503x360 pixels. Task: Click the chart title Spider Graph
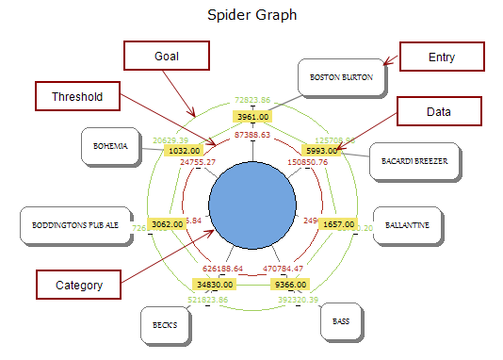[252, 16]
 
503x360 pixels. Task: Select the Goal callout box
[166, 56]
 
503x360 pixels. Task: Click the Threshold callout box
[76, 95]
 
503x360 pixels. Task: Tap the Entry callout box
[442, 57]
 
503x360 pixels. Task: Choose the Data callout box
[437, 111]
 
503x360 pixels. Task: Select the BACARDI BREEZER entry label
[414, 161]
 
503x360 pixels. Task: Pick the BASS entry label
[341, 321]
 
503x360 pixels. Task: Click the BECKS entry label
[165, 325]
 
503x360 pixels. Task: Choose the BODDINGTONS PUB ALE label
[75, 225]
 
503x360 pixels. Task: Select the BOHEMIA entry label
[110, 146]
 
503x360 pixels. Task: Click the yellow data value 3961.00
[252, 117]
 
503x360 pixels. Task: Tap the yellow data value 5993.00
[321, 150]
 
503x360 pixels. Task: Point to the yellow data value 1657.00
[337, 224]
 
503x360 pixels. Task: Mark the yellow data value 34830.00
[215, 284]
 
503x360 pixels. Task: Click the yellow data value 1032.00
[184, 150]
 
